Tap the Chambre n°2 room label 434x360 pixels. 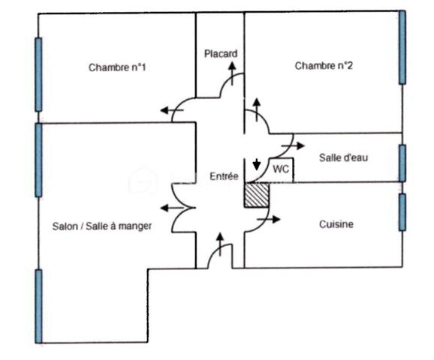coord(324,66)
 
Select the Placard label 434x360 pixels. coord(221,54)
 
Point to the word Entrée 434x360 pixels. coord(223,176)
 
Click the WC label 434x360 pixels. coord(280,169)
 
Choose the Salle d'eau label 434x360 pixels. coord(343,157)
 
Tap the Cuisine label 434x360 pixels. coord(336,224)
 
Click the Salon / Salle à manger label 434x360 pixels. coord(102,225)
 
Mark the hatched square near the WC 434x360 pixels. coord(257,194)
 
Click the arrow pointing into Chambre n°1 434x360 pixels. coord(167,111)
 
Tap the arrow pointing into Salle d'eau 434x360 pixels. coord(298,144)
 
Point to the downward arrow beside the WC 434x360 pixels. coord(257,164)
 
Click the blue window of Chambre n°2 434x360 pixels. coord(402,46)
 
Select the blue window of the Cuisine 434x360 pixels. coord(402,212)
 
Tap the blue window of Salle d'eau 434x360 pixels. coord(402,162)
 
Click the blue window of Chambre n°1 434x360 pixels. coord(38,74)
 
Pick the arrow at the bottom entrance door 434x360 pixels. coord(220,241)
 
